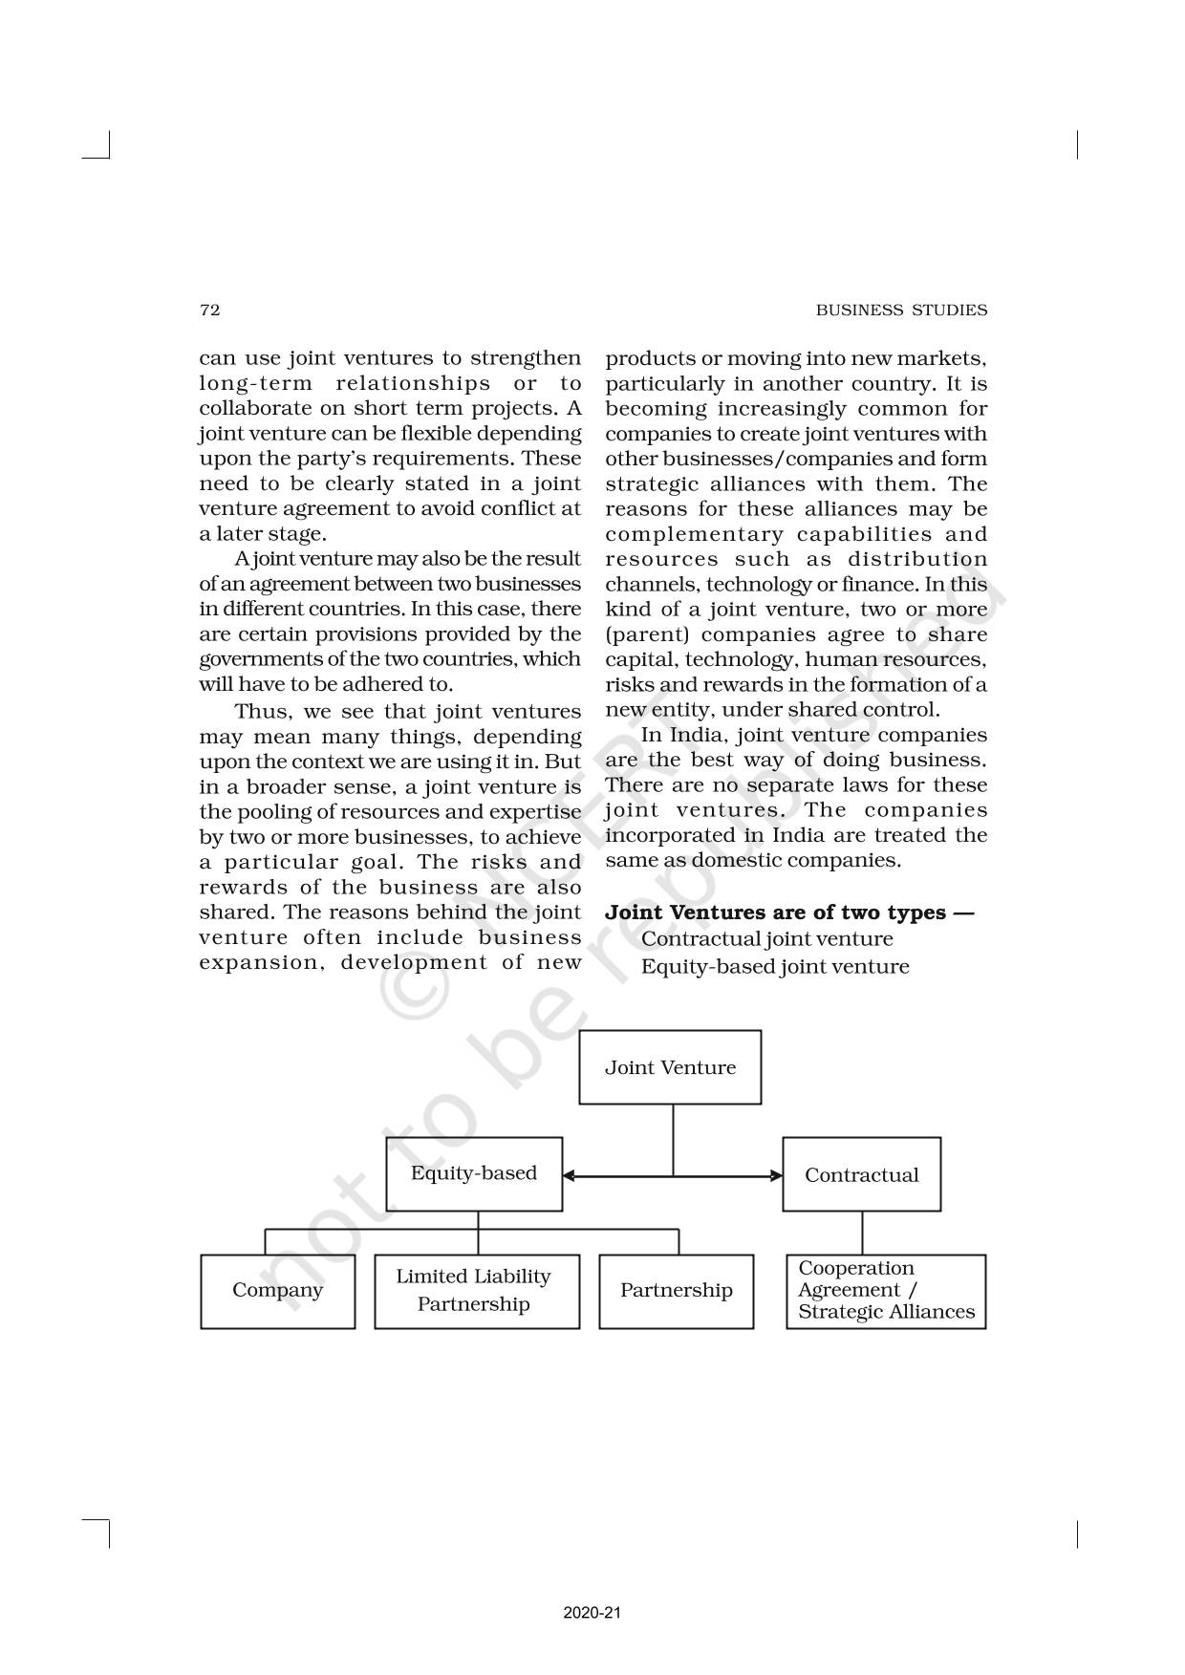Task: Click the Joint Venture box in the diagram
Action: pyautogui.click(x=670, y=1067)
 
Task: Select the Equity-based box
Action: pyautogui.click(x=474, y=1174)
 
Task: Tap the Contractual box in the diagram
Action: pyautogui.click(x=861, y=1175)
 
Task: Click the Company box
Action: pyautogui.click(x=277, y=1291)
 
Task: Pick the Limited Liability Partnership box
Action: pyautogui.click(x=476, y=1291)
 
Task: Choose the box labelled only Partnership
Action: pyautogui.click(x=676, y=1291)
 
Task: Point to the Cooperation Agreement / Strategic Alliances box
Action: pyautogui.click(x=886, y=1291)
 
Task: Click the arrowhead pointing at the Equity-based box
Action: pyautogui.click(x=569, y=1175)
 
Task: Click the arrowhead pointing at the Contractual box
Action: pyautogui.click(x=776, y=1175)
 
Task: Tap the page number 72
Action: pyautogui.click(x=209, y=310)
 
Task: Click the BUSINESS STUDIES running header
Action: pyautogui.click(x=901, y=310)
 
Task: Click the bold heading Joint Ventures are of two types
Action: pyautogui.click(x=788, y=913)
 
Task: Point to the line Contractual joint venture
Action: pyautogui.click(x=766, y=939)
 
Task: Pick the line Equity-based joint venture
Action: pyautogui.click(x=774, y=967)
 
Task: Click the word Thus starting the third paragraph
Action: pyautogui.click(x=260, y=712)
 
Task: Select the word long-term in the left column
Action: pyautogui.click(x=255, y=384)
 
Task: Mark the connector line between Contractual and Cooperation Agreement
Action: pyautogui.click(x=862, y=1233)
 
